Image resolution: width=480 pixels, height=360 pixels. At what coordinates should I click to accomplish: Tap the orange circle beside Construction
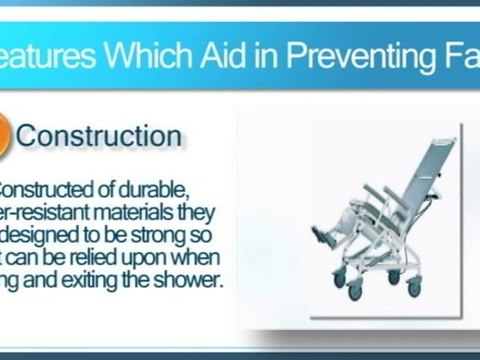click(x=5, y=138)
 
